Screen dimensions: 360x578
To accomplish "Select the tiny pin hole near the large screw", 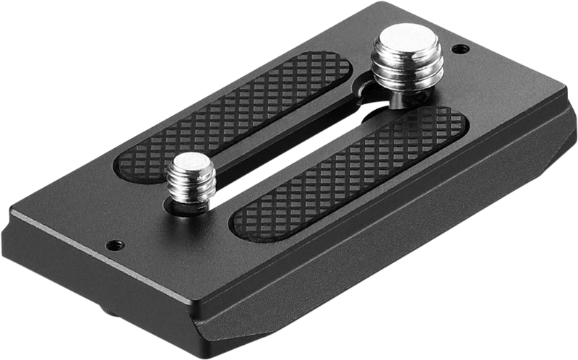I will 458,50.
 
